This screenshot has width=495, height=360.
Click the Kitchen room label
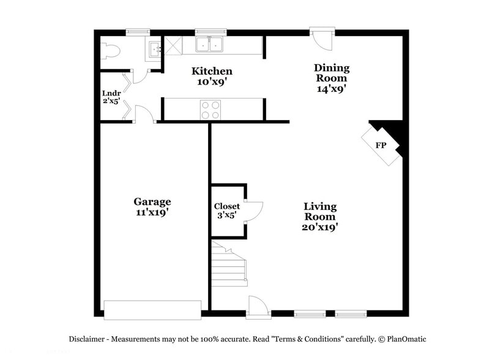(x=212, y=75)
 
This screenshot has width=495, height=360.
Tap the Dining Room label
(x=332, y=78)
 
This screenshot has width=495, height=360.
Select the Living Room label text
(x=320, y=216)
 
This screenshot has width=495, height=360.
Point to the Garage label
(x=152, y=206)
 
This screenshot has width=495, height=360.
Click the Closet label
(x=226, y=210)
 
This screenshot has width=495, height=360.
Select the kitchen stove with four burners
(x=210, y=110)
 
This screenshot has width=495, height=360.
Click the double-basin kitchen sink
(x=210, y=44)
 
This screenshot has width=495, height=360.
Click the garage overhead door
(x=152, y=309)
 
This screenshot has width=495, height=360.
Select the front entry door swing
(x=258, y=306)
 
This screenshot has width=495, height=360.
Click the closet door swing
(x=253, y=210)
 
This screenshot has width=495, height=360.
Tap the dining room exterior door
(x=322, y=39)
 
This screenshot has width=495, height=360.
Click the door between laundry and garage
(x=144, y=114)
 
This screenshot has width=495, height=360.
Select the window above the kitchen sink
(x=210, y=32)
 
